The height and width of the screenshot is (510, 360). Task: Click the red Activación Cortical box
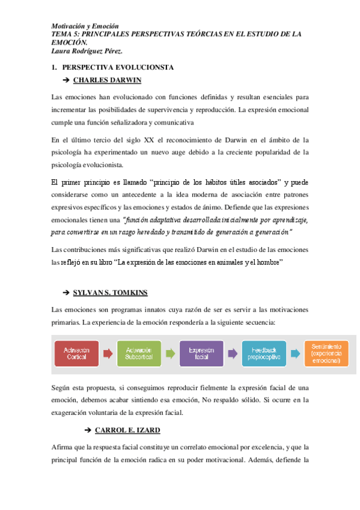pyautogui.click(x=77, y=354)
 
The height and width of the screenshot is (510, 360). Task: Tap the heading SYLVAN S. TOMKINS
pyautogui.click(x=110, y=292)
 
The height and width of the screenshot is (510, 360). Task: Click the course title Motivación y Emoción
pyautogui.click(x=85, y=26)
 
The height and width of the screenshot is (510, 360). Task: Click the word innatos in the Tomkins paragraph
pyautogui.click(x=155, y=310)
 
